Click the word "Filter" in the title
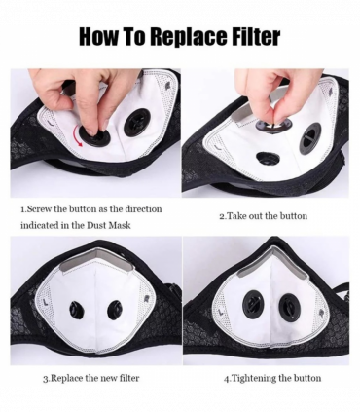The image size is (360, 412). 250,37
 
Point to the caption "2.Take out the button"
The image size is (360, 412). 262,215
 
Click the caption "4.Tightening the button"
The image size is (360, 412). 272,377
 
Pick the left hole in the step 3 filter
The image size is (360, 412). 77,311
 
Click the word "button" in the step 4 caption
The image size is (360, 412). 305,377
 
